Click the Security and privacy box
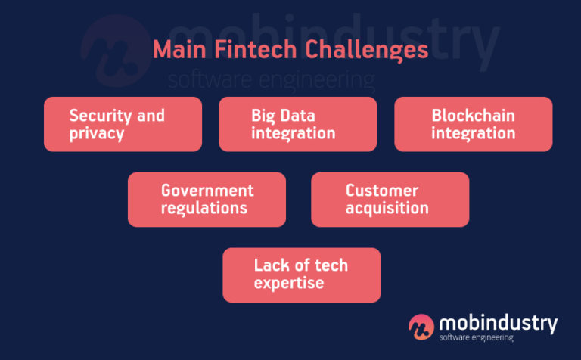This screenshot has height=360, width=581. click(x=123, y=124)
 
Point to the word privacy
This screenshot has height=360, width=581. click(x=97, y=134)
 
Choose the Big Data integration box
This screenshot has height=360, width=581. click(x=297, y=124)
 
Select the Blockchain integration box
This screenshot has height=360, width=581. click(x=473, y=124)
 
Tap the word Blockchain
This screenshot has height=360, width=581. click(x=473, y=116)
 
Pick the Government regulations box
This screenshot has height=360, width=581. click(x=207, y=200)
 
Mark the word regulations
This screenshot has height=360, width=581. click(x=205, y=209)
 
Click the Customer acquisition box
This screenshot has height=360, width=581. click(x=390, y=200)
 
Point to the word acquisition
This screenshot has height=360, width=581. click(x=387, y=209)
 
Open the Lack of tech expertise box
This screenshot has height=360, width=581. click(x=301, y=275)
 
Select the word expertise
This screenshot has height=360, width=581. click(x=288, y=284)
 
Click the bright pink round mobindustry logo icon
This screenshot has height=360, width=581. click(x=421, y=326)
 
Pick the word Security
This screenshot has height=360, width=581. click(x=98, y=116)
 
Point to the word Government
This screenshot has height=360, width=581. click(x=207, y=191)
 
